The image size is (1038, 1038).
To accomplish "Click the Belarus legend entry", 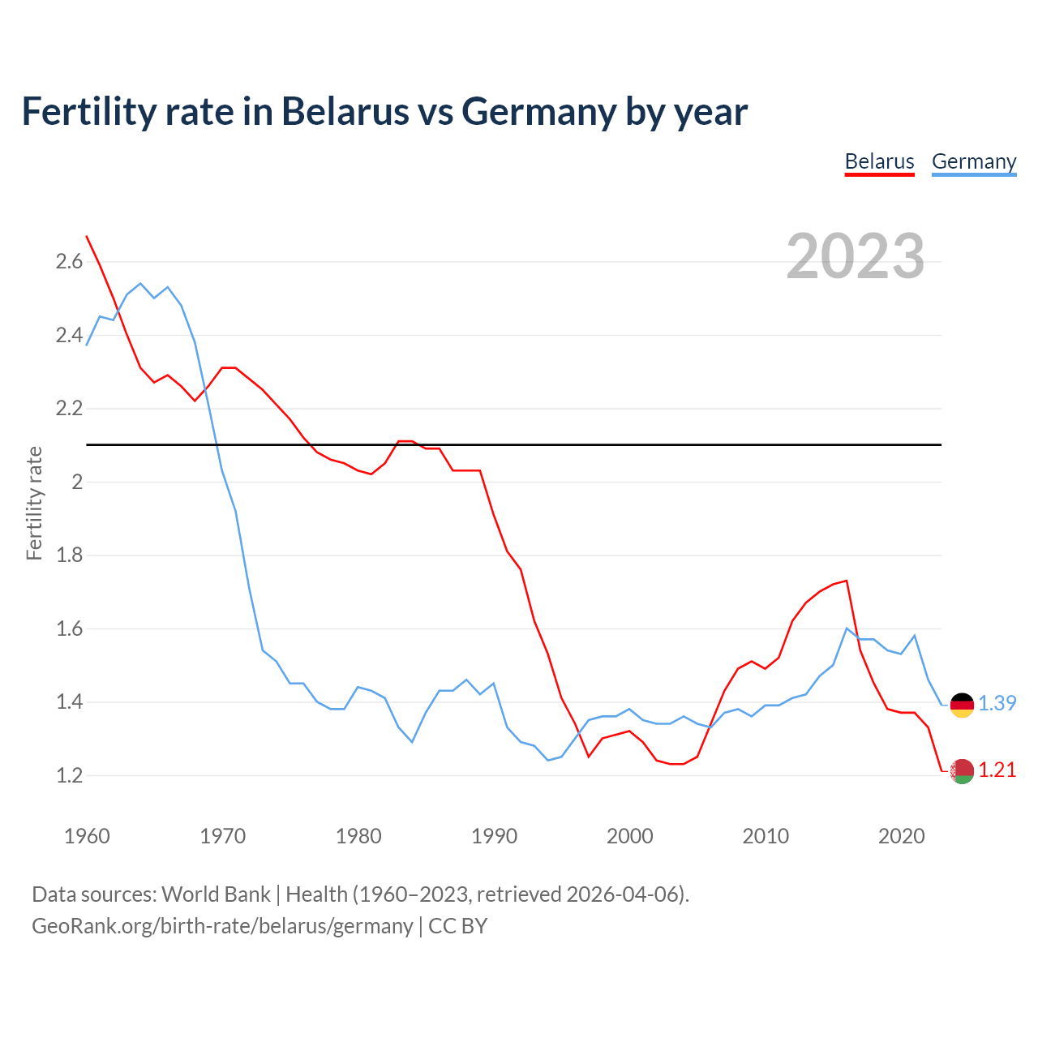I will pos(879,161).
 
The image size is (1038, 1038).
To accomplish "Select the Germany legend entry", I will pos(973,161).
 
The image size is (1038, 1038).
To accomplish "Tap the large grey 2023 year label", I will pos(856,256).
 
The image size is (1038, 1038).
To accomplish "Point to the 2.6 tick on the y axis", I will pos(69,261).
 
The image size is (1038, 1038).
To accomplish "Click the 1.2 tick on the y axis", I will pos(69,775).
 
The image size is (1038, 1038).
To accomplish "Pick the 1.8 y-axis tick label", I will pos(69,555).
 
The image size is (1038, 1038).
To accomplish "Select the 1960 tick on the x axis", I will pos(87,836).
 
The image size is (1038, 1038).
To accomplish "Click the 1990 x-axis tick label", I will pos(494,836).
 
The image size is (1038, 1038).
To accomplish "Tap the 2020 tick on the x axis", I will pos(901,836).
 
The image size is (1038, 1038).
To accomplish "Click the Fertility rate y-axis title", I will pos(34,503).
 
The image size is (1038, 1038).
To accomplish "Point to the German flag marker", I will pos(962,705).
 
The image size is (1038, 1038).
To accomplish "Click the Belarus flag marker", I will pos(962,771).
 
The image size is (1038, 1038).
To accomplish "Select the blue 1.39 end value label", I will pos(997,703).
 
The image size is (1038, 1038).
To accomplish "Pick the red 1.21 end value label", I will pos(997,770).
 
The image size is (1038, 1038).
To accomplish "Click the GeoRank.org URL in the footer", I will pos(222,925).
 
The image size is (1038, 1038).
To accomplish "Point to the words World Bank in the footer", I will pos(216,894).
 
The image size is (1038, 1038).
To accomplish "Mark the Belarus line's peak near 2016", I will pos(847,581).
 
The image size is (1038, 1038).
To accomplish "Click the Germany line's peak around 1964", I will pos(140,284).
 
